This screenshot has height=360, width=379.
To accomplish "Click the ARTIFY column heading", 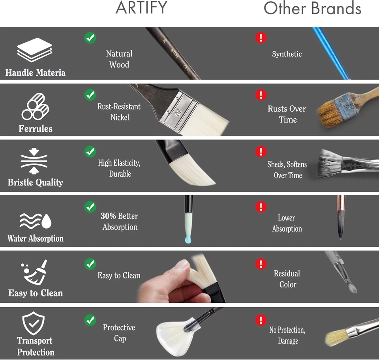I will [x=141, y=8].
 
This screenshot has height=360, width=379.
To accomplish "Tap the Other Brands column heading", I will [x=312, y=8].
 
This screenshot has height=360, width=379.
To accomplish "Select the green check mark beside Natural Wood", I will [x=90, y=38].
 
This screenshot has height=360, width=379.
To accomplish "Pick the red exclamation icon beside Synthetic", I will [x=261, y=38].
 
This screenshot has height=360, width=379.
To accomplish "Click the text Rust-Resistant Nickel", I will [x=119, y=112].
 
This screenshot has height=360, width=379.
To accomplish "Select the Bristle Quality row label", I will [x=35, y=183].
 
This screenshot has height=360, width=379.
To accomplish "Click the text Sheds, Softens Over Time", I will [x=287, y=170].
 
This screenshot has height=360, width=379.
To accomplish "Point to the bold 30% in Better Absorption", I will [x=108, y=216].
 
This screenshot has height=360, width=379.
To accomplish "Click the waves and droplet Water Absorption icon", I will [x=36, y=221].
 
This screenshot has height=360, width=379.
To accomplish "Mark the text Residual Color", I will [x=287, y=279].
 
